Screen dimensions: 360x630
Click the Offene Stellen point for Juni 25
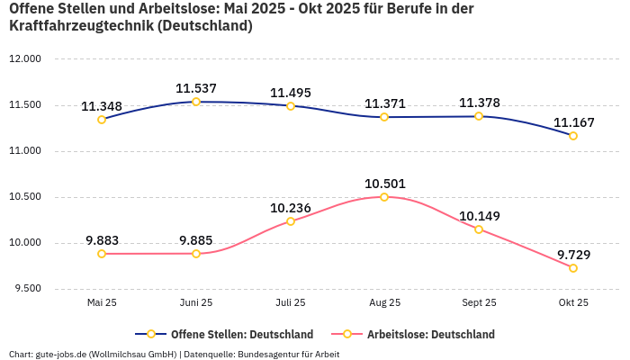click(x=196, y=102)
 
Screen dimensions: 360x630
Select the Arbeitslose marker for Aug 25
click(x=384, y=197)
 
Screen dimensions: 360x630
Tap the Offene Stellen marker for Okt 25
click(x=573, y=136)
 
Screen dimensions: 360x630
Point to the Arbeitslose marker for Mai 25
click(x=102, y=254)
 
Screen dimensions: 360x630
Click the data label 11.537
click(x=196, y=88)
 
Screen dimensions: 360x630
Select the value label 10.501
click(x=384, y=184)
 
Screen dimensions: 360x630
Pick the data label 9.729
click(x=573, y=255)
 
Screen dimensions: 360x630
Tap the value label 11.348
click(x=102, y=106)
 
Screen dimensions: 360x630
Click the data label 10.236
click(x=291, y=208)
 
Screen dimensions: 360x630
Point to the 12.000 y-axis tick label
click(x=25, y=59)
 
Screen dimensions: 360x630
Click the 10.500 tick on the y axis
click(x=25, y=197)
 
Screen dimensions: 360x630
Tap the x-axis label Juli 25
click(x=291, y=303)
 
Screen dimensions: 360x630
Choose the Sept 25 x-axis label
click(x=479, y=303)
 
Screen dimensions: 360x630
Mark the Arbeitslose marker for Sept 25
click(x=479, y=229)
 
